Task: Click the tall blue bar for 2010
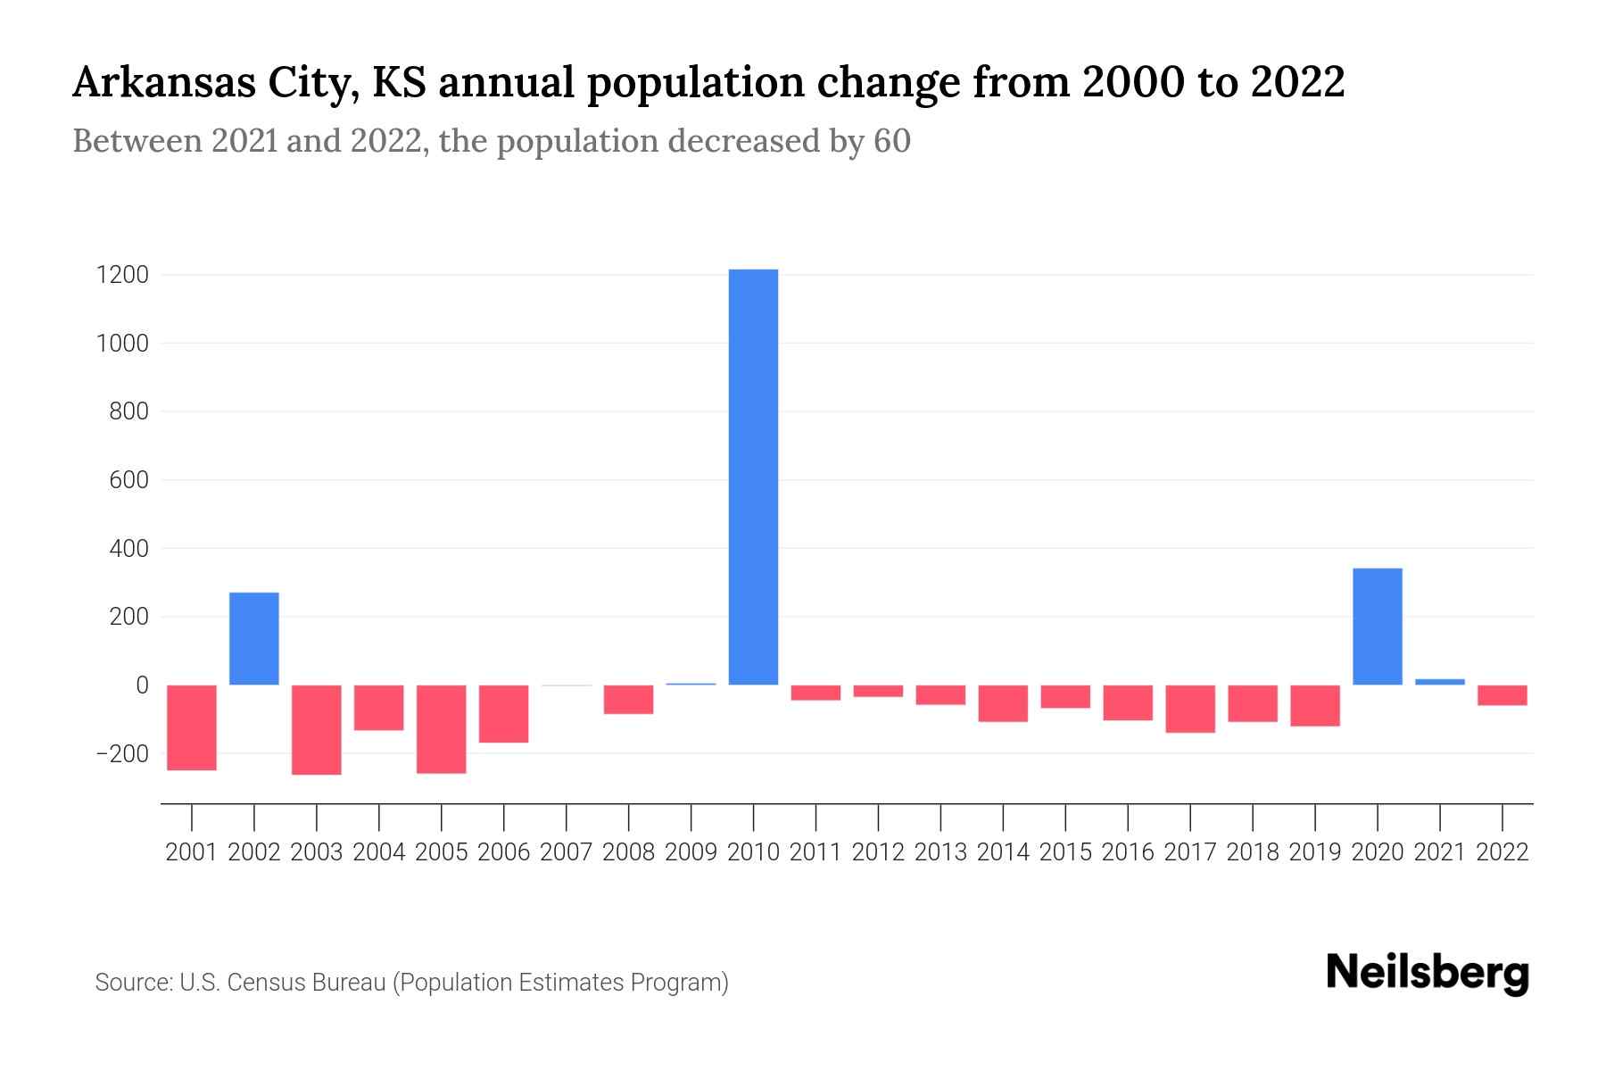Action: [753, 477]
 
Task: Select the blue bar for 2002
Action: [254, 639]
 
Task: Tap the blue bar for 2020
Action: [1377, 627]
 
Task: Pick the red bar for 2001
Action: [192, 727]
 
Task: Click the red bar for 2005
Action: [442, 729]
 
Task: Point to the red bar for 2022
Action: [1502, 695]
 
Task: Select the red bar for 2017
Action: [1190, 709]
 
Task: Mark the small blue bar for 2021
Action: [1439, 682]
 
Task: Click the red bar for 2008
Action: [628, 700]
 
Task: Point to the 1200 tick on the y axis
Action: [122, 275]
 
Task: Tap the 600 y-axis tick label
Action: [128, 480]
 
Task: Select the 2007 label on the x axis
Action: [566, 852]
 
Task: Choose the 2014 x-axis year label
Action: [1003, 852]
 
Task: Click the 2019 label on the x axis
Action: [1314, 852]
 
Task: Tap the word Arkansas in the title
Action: [164, 83]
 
